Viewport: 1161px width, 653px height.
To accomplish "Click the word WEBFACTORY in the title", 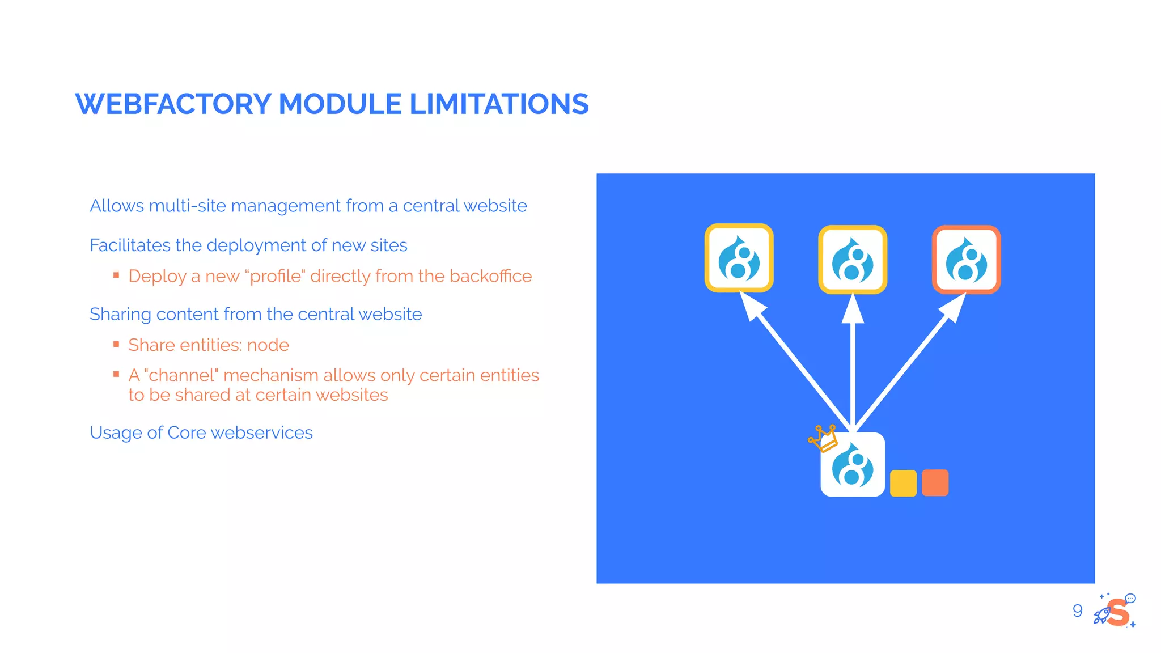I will click(173, 104).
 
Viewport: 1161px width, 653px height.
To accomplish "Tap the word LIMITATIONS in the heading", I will click(499, 104).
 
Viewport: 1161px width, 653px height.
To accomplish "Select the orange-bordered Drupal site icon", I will click(966, 260).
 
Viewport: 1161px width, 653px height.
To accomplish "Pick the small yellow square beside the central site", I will click(903, 483).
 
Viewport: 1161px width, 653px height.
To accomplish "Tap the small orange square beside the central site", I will click(935, 483).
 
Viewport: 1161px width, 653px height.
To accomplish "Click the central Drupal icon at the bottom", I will click(853, 465).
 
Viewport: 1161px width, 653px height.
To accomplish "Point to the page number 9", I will click(1077, 610).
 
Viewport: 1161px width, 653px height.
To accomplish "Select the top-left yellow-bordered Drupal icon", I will click(739, 258).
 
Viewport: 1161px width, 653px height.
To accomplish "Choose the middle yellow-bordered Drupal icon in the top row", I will click(853, 260).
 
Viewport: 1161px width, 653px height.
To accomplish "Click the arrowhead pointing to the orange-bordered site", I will click(955, 307).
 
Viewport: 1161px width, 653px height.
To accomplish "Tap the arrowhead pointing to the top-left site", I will click(752, 307).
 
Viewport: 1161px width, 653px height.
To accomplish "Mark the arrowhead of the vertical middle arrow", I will click(853, 309).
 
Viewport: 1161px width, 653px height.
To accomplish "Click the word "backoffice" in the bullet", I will click(490, 276).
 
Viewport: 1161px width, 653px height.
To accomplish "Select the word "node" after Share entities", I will click(268, 345).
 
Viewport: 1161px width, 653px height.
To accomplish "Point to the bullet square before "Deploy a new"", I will click(116, 275).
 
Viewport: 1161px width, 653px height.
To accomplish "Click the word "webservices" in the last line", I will click(261, 433).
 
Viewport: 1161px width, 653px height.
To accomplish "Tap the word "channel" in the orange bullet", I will click(181, 375).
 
